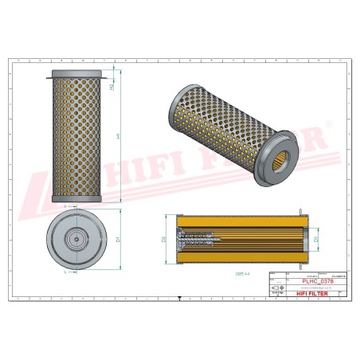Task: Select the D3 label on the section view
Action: [315, 238]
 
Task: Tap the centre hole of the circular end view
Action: [76, 237]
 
